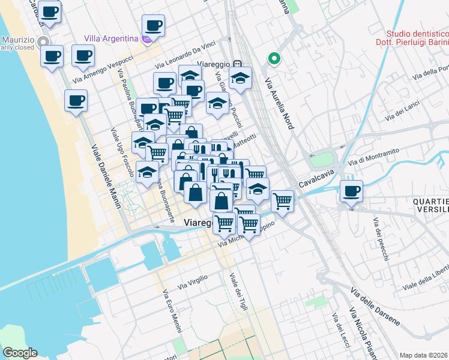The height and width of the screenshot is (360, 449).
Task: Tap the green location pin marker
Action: (x=274, y=59)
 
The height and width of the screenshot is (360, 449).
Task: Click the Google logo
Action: (x=20, y=353)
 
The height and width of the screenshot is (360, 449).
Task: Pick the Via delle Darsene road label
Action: (x=375, y=307)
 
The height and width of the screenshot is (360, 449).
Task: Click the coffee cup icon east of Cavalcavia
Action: (x=351, y=191)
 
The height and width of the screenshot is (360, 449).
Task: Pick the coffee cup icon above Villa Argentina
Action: (x=153, y=26)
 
